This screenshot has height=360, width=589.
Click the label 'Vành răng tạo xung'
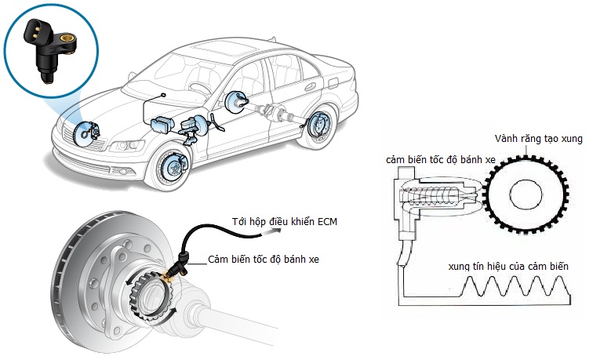(x=538, y=139)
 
